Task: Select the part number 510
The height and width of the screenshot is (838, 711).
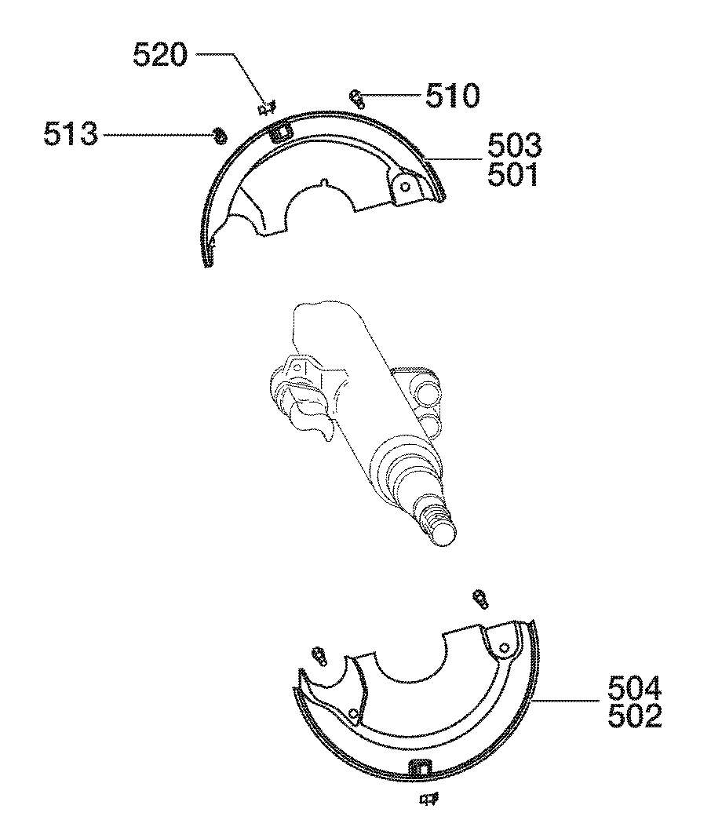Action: tap(452, 97)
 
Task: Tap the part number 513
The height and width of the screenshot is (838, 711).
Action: tap(71, 133)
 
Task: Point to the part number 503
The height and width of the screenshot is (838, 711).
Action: tap(514, 145)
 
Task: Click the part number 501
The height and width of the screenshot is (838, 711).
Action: tap(512, 175)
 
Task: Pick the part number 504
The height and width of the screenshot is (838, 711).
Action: tap(635, 690)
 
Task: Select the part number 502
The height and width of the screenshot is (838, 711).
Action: tap(635, 716)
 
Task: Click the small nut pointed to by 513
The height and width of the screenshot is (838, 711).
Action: tap(219, 136)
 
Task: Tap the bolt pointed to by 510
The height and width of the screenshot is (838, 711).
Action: tap(357, 99)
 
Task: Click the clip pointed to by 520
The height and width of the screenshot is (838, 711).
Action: tap(266, 108)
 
